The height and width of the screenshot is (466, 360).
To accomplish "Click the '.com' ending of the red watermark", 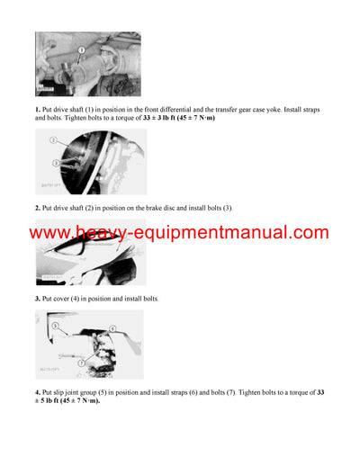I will pos(310,234).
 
